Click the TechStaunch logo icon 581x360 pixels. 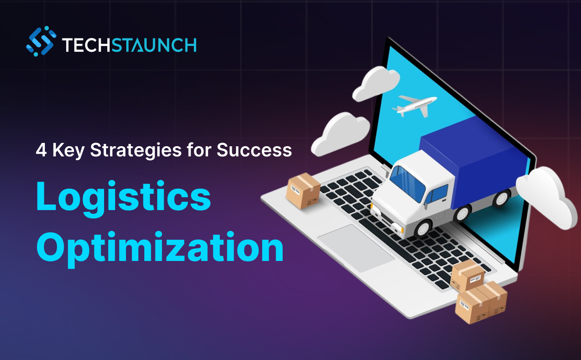click(41, 41)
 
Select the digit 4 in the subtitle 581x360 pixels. click(41, 150)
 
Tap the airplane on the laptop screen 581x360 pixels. click(414, 105)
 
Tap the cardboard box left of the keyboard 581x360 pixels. click(303, 191)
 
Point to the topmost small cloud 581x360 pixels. click(376, 83)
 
